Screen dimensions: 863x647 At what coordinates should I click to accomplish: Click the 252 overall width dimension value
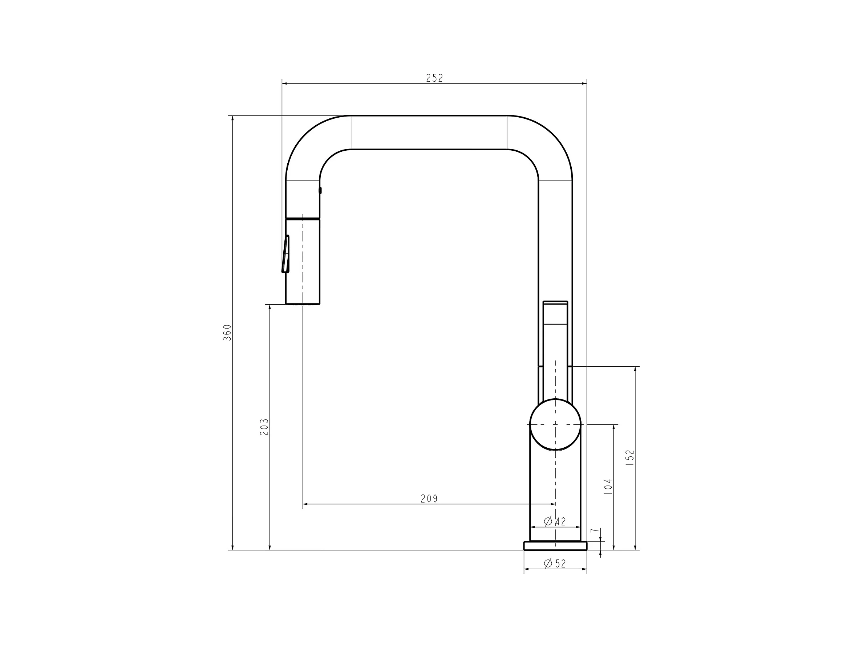434,78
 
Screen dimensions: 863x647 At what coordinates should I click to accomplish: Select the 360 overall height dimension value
227,332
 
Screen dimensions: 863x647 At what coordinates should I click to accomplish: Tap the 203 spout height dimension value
264,427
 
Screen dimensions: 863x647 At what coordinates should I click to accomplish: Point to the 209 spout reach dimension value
429,499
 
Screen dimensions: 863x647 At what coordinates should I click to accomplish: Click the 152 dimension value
630,458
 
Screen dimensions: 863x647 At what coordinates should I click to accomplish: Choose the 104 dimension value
608,487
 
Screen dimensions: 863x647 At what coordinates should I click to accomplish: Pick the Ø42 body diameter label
555,521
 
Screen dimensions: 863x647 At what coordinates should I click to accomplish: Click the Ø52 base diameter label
555,563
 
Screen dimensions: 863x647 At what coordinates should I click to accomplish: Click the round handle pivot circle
555,424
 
